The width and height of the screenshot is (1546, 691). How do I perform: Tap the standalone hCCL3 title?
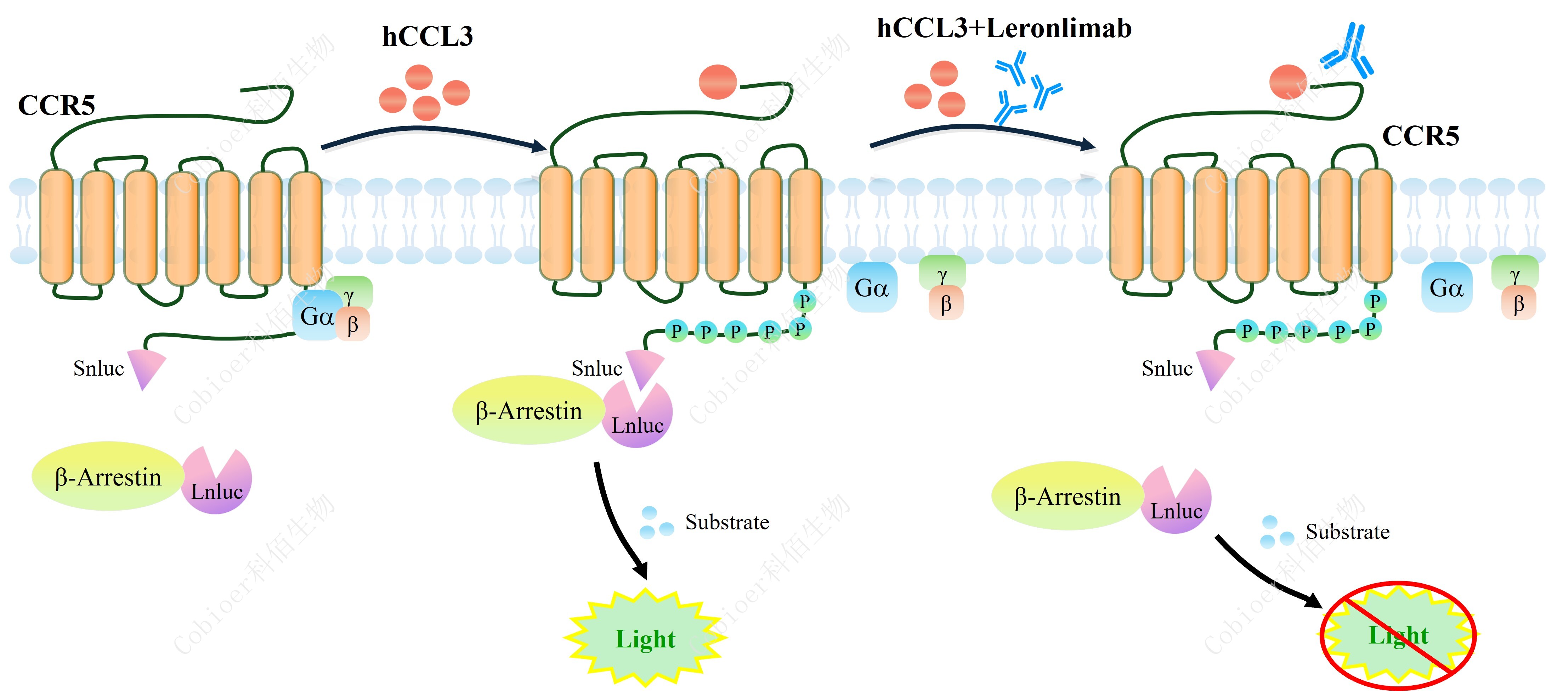427,36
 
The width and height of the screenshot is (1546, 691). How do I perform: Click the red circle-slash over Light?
1398,635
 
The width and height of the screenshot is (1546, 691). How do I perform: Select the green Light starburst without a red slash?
645,638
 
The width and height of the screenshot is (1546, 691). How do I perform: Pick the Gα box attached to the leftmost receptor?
316,316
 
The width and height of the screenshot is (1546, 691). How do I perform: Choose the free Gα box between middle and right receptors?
871,288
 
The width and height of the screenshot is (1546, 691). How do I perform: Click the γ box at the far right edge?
1515,274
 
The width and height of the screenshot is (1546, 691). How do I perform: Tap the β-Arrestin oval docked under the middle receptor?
528,411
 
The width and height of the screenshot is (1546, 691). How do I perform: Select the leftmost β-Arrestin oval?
107,477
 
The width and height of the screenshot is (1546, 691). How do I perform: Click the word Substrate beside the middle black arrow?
727,522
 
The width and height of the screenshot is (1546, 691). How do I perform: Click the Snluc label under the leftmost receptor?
98,368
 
